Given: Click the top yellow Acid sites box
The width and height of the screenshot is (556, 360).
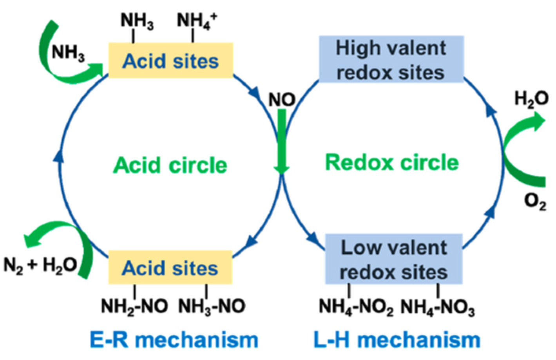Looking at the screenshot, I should coord(170,61).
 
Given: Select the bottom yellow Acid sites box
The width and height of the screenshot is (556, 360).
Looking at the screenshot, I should coord(170,268).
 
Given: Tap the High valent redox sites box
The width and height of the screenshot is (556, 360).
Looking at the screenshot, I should coord(391,60).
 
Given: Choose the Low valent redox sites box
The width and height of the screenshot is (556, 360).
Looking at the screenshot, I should coord(393,259).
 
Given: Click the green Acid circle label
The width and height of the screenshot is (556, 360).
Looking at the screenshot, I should coord(170,165).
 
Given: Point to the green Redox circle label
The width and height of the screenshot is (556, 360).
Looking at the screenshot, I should coord(392,162).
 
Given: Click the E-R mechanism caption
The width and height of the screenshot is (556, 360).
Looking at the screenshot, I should coord(174,340).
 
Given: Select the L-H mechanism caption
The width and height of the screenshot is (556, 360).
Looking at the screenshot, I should coord(397,340).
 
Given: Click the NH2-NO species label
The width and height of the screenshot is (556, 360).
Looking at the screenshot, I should coord(134,306).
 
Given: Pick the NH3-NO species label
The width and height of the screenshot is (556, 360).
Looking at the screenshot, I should coord(212,306).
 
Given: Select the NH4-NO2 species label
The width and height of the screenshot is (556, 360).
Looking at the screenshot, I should coord(356,307).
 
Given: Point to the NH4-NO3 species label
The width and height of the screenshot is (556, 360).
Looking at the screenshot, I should coord(437,307).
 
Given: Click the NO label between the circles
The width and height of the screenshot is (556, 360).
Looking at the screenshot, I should coord(282,100).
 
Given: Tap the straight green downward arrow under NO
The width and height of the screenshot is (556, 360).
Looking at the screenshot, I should coord(282,141).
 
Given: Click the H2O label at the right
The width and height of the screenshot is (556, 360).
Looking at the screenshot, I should coord(531,98).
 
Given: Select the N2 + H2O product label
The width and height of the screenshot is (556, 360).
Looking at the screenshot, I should coord(40,265).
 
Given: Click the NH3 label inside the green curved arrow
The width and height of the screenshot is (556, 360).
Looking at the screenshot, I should coord(68,53).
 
